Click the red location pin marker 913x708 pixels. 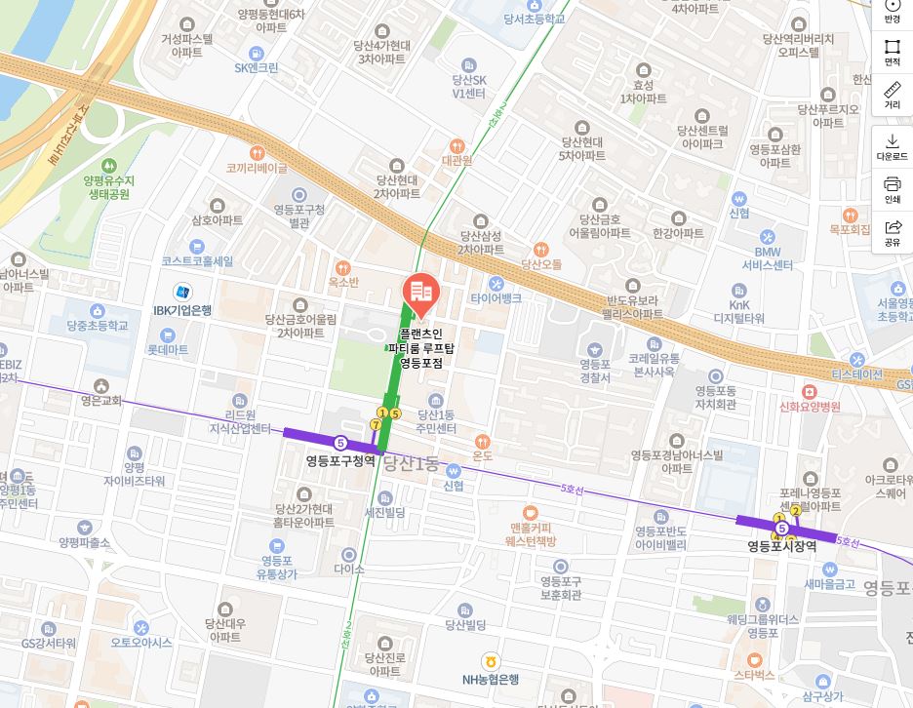(x=420, y=294)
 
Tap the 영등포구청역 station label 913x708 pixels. (x=340, y=460)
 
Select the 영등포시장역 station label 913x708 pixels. (x=781, y=546)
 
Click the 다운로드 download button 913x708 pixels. (x=892, y=146)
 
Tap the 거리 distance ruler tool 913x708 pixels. (x=892, y=95)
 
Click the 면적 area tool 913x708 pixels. (x=892, y=52)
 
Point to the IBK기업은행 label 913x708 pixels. (x=182, y=310)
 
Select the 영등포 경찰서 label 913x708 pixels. (x=595, y=371)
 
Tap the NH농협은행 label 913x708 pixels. (x=490, y=679)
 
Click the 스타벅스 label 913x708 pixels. (x=754, y=674)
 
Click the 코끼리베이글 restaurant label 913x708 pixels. (x=257, y=168)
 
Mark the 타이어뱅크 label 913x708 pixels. (x=496, y=297)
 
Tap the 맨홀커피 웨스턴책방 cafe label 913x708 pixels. (x=530, y=533)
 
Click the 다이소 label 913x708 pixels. (x=348, y=568)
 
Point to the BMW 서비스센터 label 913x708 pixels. (x=768, y=258)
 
